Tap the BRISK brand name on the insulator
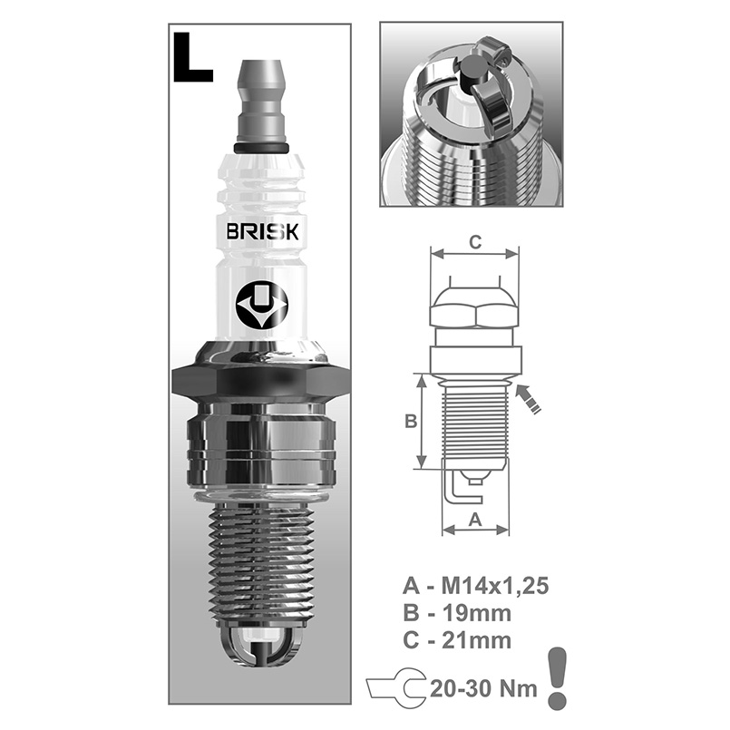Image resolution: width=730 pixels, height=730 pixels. (x=263, y=231)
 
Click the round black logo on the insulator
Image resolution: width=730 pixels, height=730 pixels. (x=262, y=305)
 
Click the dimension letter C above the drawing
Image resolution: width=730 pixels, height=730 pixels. (x=475, y=242)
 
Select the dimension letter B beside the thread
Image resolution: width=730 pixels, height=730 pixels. (x=411, y=422)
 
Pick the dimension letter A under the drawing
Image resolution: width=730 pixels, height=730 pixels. (x=475, y=519)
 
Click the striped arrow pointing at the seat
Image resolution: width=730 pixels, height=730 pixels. (x=528, y=398)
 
